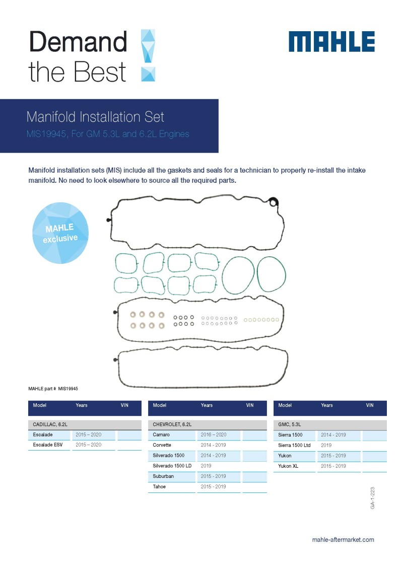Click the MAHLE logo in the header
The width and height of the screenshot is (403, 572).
coord(331,42)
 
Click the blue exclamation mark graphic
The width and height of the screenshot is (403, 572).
coord(148,55)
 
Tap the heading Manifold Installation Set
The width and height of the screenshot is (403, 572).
coord(95,117)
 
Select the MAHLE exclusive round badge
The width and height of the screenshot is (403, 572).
coord(60,233)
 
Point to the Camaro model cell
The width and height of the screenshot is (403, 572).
coord(161,435)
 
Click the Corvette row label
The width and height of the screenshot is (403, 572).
coord(162,445)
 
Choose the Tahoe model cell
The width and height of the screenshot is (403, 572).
coord(159,486)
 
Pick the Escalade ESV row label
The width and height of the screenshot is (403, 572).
coord(48,445)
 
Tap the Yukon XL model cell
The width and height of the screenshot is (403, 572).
coord(288,466)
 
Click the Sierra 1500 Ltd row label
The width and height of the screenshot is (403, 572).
coord(294,446)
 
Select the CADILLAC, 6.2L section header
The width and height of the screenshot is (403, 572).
coord(50,424)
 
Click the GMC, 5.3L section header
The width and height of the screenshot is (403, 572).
coord(290,424)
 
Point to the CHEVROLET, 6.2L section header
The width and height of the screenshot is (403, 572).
coord(172,424)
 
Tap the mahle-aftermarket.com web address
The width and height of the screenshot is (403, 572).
coord(343,540)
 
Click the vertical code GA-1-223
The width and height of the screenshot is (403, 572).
coord(372,498)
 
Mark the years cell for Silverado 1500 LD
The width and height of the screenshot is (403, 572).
coord(206,466)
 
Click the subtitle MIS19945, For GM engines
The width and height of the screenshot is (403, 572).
coord(108,134)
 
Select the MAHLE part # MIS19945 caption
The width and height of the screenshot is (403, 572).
coord(53,389)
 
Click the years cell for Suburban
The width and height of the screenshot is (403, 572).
coord(213,476)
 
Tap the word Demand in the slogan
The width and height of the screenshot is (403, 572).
coord(78,42)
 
